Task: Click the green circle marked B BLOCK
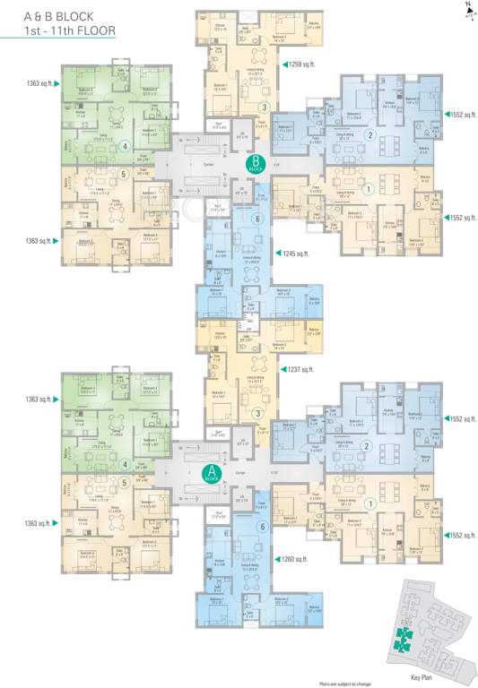click(255, 164)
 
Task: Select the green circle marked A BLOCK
click(212, 473)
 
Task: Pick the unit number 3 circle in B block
click(263, 107)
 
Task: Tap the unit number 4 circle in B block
click(126, 147)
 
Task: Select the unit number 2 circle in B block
click(369, 135)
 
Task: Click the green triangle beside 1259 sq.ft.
click(283, 64)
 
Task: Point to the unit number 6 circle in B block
click(257, 219)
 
